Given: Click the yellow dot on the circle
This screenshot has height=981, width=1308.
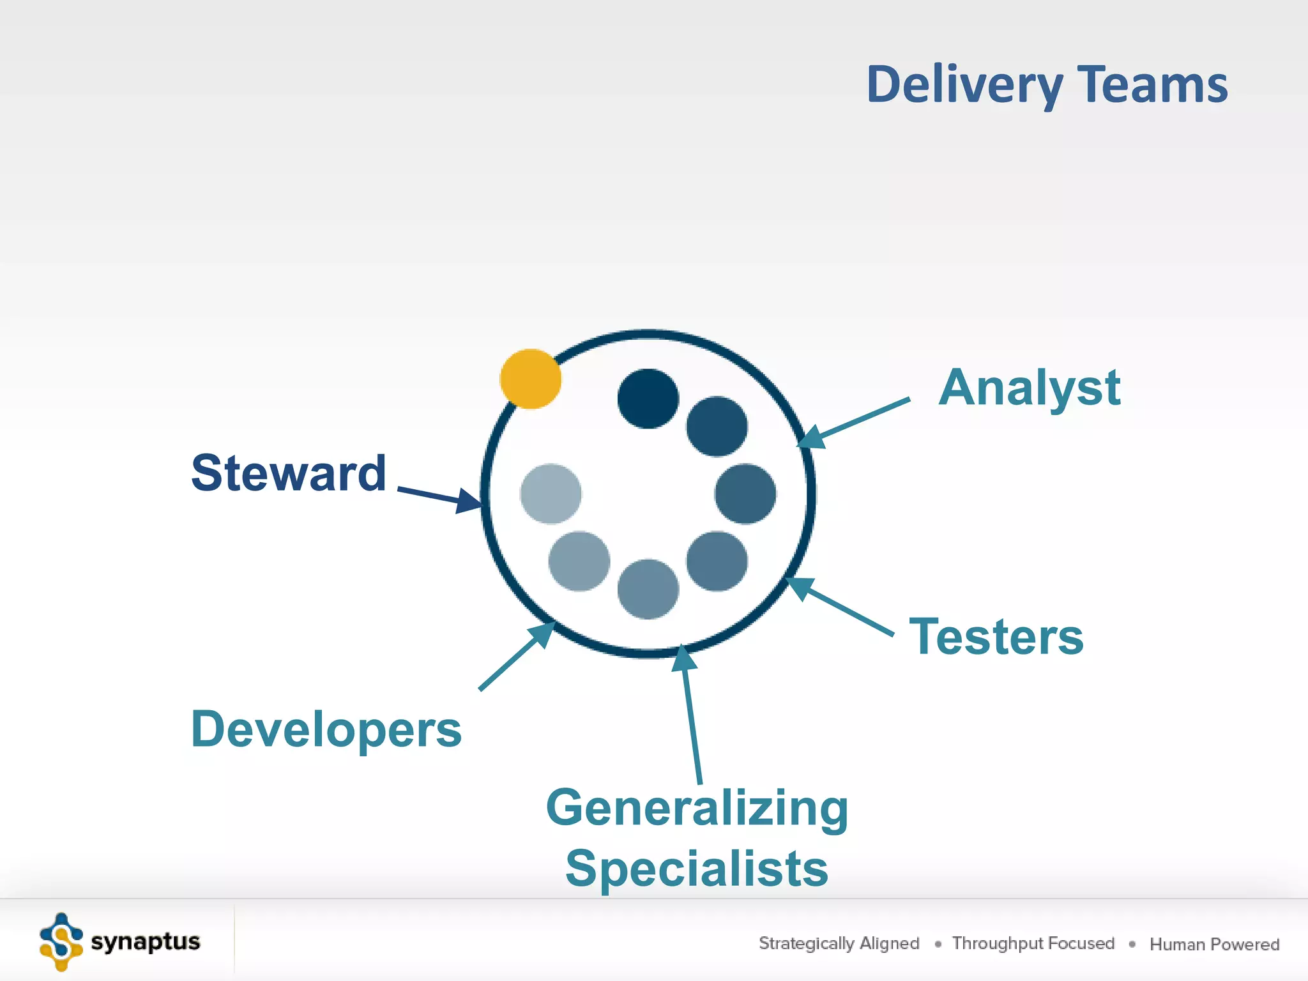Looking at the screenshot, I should coord(530,379).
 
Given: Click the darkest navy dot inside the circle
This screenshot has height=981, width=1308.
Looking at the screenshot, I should coord(648,399).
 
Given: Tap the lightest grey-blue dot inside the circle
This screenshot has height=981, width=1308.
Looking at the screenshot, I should coord(551,494).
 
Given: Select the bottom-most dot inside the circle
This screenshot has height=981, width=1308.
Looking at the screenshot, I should coord(648,589).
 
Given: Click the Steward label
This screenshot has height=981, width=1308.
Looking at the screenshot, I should coord(289,473).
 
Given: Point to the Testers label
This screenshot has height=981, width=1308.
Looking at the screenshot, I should coord(996,637).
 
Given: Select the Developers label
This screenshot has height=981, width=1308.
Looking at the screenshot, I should coord(326,729).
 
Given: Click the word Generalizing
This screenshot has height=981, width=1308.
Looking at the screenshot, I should coord(697,808).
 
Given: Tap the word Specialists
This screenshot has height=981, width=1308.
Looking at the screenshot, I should coord(697,869).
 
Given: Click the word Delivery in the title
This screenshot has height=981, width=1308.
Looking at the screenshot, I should coord(964,84).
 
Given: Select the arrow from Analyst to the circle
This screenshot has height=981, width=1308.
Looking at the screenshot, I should coord(856,422).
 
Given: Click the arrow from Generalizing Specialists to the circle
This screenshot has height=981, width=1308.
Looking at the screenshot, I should coord(692,715).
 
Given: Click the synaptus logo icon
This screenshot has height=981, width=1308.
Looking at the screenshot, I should coord(61,942).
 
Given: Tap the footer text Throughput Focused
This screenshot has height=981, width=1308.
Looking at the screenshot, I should coord(1033,943).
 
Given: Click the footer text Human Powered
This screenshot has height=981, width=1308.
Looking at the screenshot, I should coord(1214,944).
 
